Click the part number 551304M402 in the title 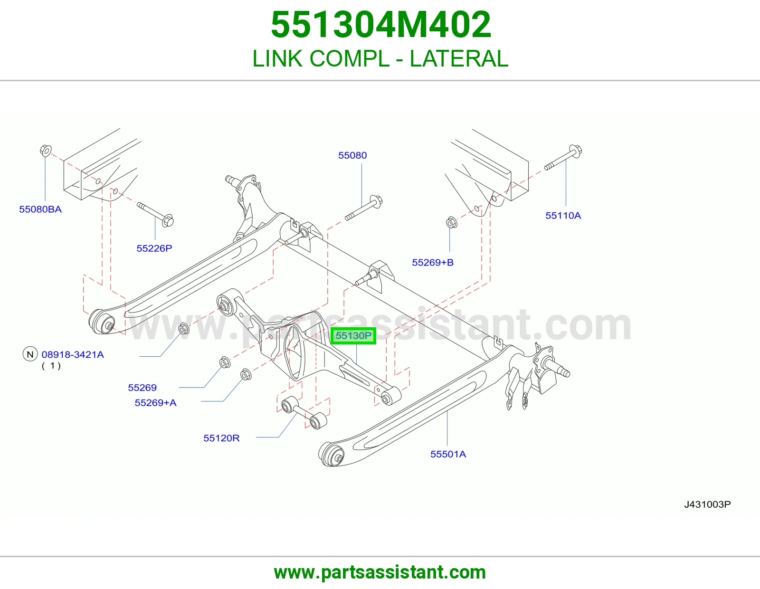(380, 25)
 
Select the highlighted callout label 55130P (353, 336)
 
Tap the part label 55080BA (40, 209)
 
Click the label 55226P (154, 248)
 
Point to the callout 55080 (352, 155)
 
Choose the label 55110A (563, 216)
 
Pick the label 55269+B (433, 262)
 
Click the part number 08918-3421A (73, 355)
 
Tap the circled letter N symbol (30, 354)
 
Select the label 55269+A (156, 403)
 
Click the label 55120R (221, 438)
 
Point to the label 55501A (448, 455)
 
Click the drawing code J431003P (707, 504)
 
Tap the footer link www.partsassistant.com (380, 572)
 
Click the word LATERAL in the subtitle (459, 58)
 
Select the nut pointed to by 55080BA (46, 151)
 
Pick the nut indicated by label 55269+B (452, 222)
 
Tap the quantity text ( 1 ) (51, 366)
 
